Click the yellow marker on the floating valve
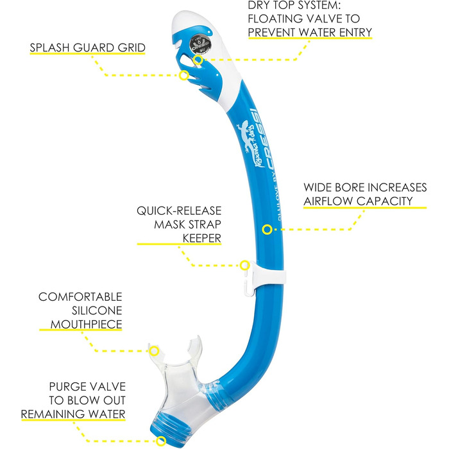point(198,60)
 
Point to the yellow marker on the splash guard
point(183,75)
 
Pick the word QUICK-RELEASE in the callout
point(179,210)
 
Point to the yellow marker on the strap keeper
point(244,264)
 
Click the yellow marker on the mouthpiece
point(154,350)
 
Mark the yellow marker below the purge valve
point(160,441)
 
